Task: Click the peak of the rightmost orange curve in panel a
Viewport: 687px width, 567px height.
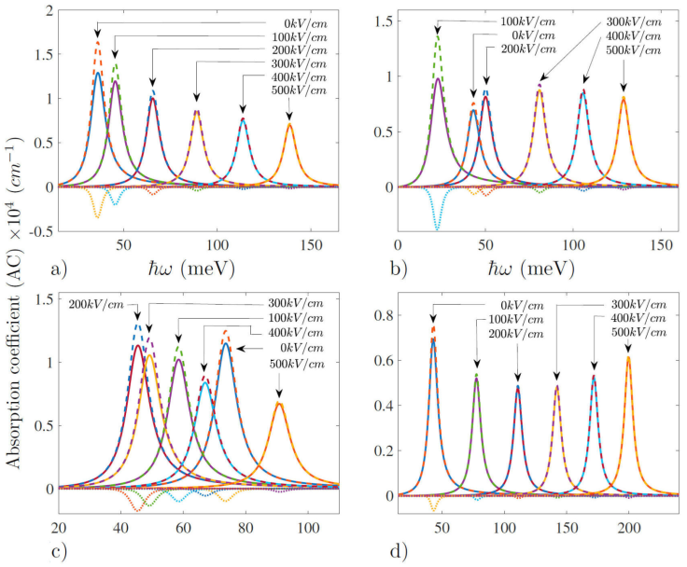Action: pyautogui.click(x=289, y=123)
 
